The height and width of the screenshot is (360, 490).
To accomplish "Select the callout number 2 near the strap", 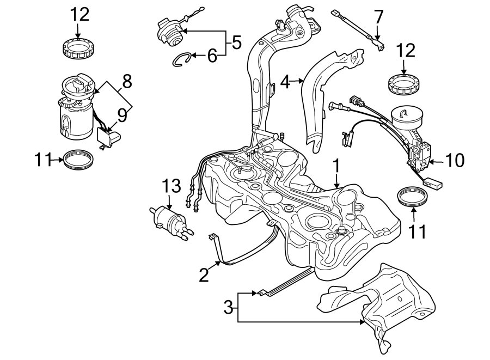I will pos(204,275).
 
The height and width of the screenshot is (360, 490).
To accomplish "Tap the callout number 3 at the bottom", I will pos(229,308).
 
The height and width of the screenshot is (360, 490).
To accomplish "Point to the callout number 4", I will pos(284,82).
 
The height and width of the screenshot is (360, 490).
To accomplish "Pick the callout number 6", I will pos(212,54).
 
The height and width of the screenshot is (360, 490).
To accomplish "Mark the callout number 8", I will pos(126,82).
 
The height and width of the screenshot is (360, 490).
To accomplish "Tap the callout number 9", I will pos(122,115).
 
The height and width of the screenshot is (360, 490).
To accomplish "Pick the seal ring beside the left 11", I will pos(78,160).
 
